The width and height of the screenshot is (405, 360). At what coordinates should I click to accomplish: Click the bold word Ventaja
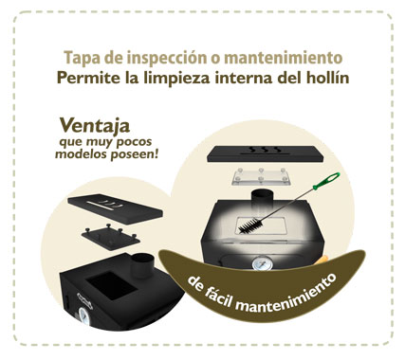[95, 125]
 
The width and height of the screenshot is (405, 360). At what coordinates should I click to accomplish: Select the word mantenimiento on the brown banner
[286, 297]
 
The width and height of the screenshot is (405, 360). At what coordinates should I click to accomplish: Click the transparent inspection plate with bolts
[261, 176]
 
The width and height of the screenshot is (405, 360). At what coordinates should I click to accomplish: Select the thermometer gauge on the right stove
[261, 263]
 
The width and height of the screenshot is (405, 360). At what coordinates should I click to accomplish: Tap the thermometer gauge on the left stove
[84, 316]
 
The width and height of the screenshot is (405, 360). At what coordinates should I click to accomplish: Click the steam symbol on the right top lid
[265, 150]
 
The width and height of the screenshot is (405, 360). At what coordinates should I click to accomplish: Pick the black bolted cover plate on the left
[111, 238]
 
